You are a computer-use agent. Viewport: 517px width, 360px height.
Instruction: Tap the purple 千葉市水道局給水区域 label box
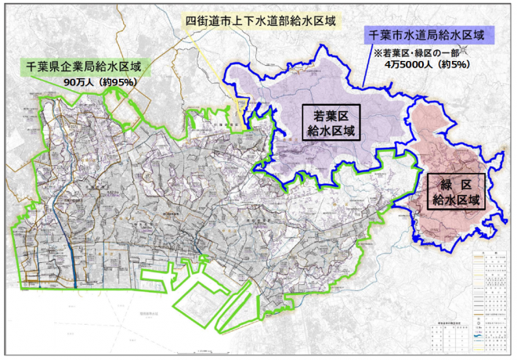coord(426,35)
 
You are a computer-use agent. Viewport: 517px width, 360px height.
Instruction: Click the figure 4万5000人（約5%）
coord(428,67)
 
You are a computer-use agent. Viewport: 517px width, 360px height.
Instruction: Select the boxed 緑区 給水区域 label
coord(457,191)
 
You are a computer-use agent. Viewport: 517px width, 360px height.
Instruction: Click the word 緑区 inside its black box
coord(457,183)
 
